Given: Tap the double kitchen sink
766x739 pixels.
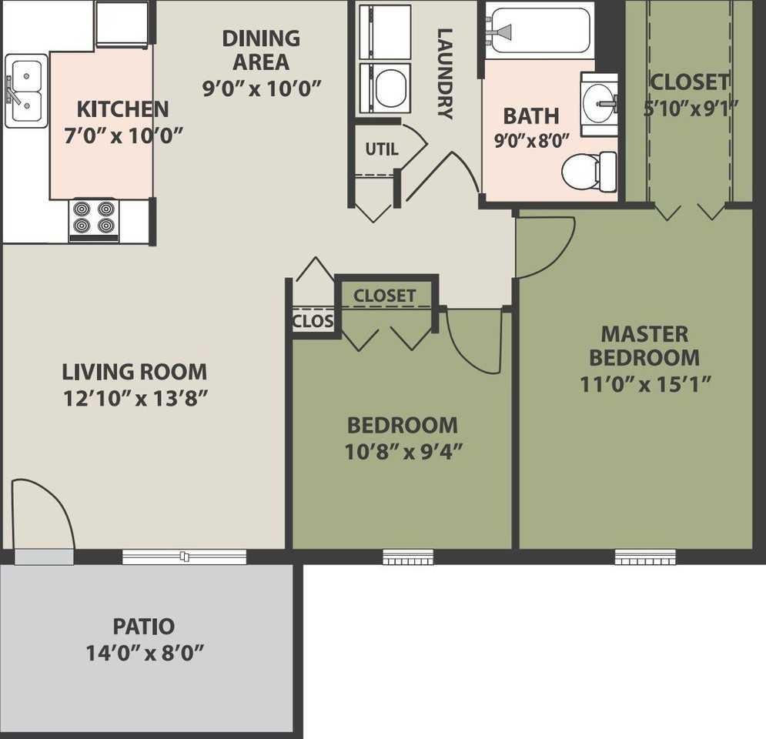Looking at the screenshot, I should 25,91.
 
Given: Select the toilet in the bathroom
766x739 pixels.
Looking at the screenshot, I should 590,171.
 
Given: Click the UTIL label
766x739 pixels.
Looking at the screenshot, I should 381,149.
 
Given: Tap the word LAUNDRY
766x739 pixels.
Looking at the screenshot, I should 445,73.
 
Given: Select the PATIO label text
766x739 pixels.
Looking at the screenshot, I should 143,627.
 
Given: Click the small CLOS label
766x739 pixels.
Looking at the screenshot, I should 313,321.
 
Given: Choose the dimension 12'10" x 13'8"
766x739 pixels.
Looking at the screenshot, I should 135,399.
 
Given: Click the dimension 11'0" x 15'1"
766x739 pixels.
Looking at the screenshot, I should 644,383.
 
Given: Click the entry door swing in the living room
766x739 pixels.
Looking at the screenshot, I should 42,512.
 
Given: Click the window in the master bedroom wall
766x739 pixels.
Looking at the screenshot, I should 644,557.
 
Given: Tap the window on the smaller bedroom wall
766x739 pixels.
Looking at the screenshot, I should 408,557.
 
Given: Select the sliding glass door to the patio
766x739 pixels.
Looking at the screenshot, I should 184,557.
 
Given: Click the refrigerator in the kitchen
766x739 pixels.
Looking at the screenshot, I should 122,24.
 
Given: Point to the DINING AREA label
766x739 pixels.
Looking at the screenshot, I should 261,49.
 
